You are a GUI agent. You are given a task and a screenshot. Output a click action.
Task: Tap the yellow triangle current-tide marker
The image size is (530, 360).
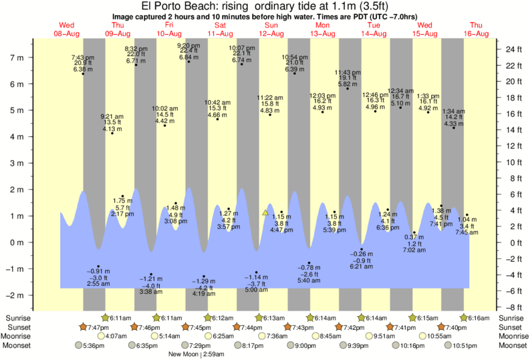pos(265,212)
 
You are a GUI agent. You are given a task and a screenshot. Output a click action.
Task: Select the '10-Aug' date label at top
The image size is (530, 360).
pos(169,33)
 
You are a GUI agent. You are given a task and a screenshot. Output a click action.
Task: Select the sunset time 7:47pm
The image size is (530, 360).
pos(98,327)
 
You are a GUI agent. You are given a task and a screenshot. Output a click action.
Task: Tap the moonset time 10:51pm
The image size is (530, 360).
pos(466,345)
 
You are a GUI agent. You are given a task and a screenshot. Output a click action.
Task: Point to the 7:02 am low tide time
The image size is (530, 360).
pos(414,250)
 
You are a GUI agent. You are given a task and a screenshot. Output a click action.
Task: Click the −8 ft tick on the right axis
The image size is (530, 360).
pos(513,307)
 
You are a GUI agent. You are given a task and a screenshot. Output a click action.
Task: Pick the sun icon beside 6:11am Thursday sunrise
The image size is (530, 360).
pos(105,318)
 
